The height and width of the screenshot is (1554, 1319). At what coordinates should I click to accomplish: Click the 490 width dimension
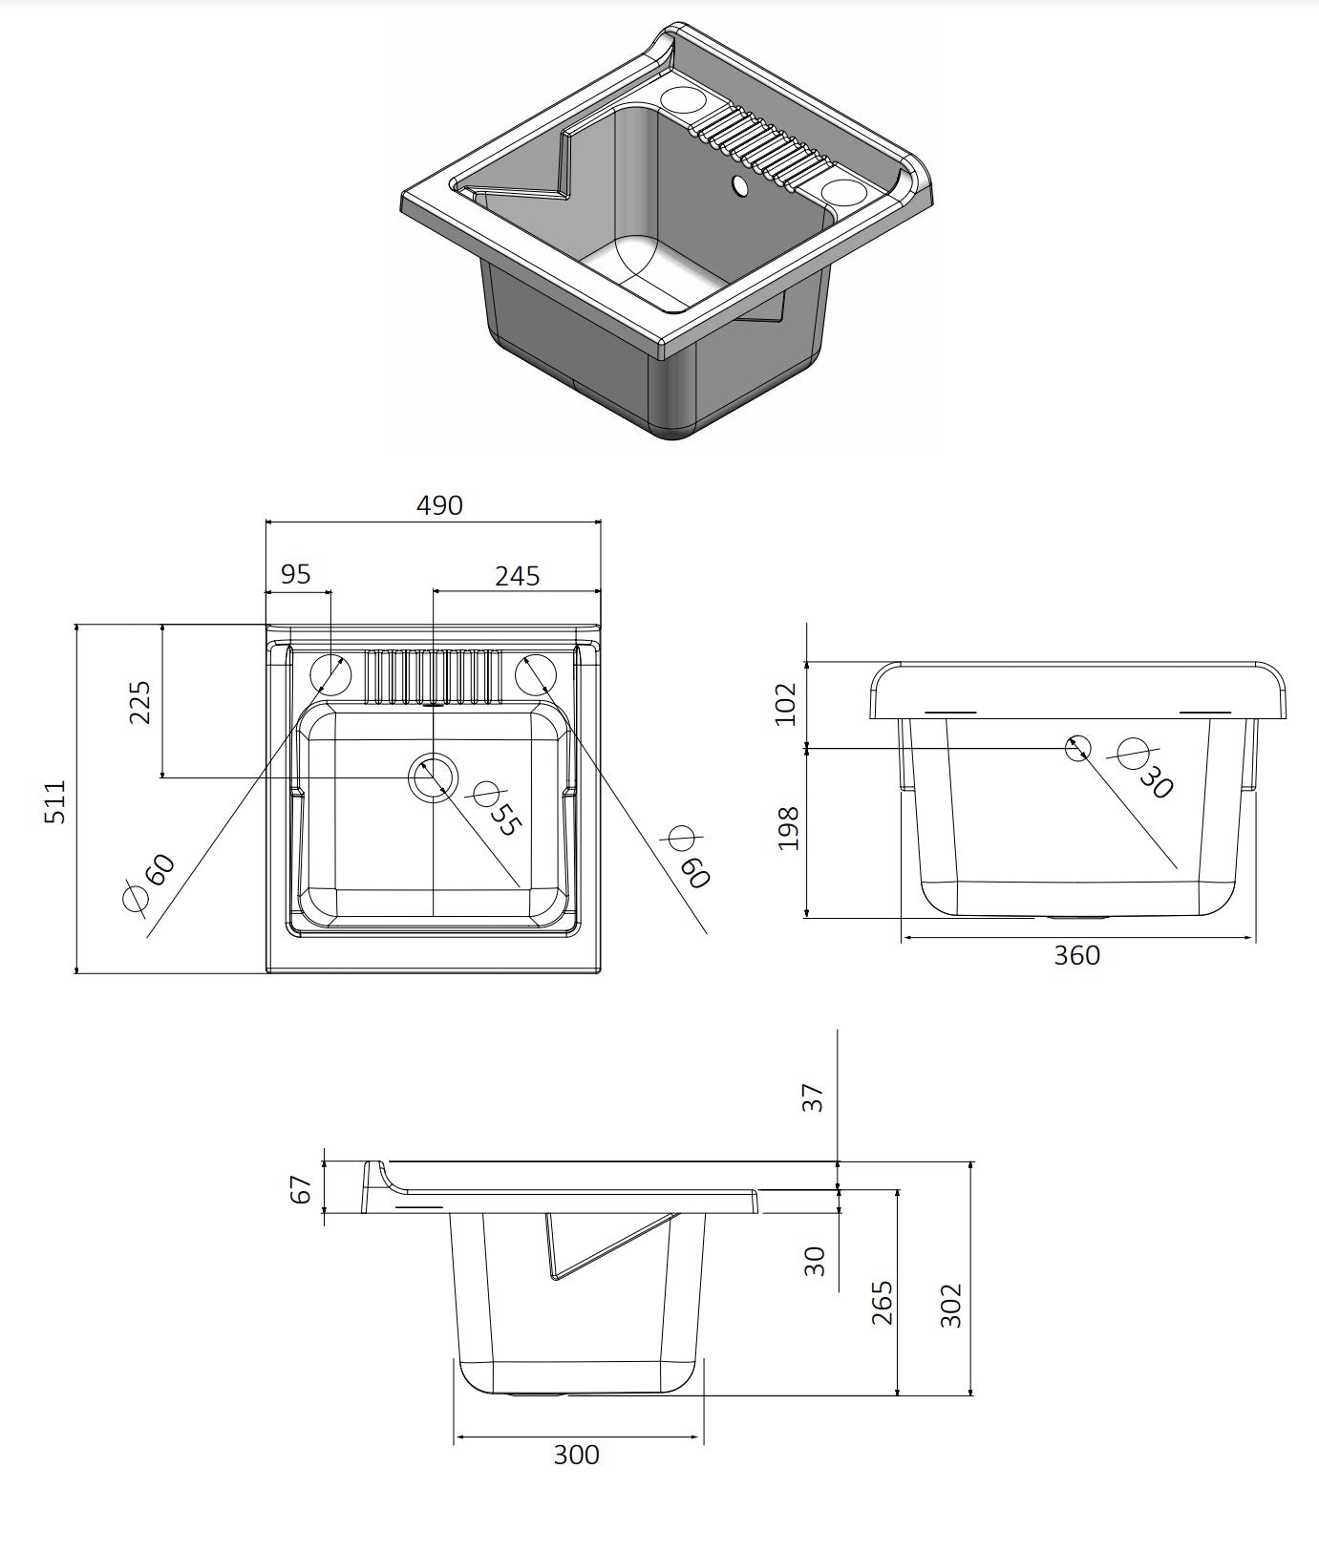click(x=439, y=505)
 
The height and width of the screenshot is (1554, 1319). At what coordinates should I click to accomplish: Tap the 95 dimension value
click(x=295, y=574)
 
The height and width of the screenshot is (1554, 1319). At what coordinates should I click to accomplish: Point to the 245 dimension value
click(x=517, y=576)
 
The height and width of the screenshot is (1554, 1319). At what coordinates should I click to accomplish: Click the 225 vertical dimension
click(x=140, y=702)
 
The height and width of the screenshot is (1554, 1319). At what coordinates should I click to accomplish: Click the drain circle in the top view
click(x=433, y=777)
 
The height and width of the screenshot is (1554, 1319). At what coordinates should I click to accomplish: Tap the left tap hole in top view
click(x=330, y=673)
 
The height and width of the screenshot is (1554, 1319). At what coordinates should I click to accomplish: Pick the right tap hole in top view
click(x=535, y=673)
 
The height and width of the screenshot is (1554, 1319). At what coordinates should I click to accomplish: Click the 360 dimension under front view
click(x=1076, y=955)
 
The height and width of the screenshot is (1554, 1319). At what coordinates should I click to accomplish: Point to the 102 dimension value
click(x=785, y=703)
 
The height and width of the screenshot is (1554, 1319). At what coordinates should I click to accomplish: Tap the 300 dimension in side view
click(x=577, y=1455)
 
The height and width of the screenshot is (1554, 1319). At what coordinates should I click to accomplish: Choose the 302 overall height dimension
click(x=951, y=1305)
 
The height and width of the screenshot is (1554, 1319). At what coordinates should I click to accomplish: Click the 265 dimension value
click(x=883, y=1302)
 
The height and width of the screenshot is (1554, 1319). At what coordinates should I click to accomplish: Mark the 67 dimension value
click(x=302, y=1189)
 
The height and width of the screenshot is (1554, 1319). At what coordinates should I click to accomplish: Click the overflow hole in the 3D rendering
click(x=739, y=186)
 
